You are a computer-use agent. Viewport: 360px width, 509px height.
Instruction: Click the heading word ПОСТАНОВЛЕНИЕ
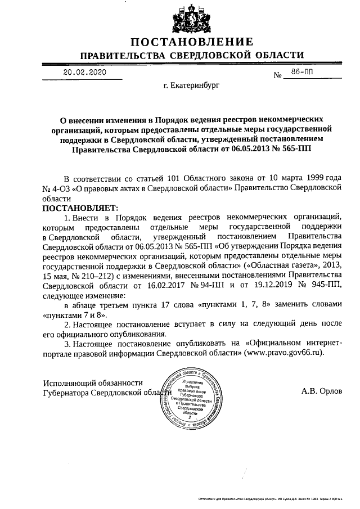(x=192, y=42)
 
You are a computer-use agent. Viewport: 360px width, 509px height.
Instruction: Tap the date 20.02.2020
(x=84, y=73)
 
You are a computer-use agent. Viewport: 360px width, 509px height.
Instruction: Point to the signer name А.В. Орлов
(x=322, y=390)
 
